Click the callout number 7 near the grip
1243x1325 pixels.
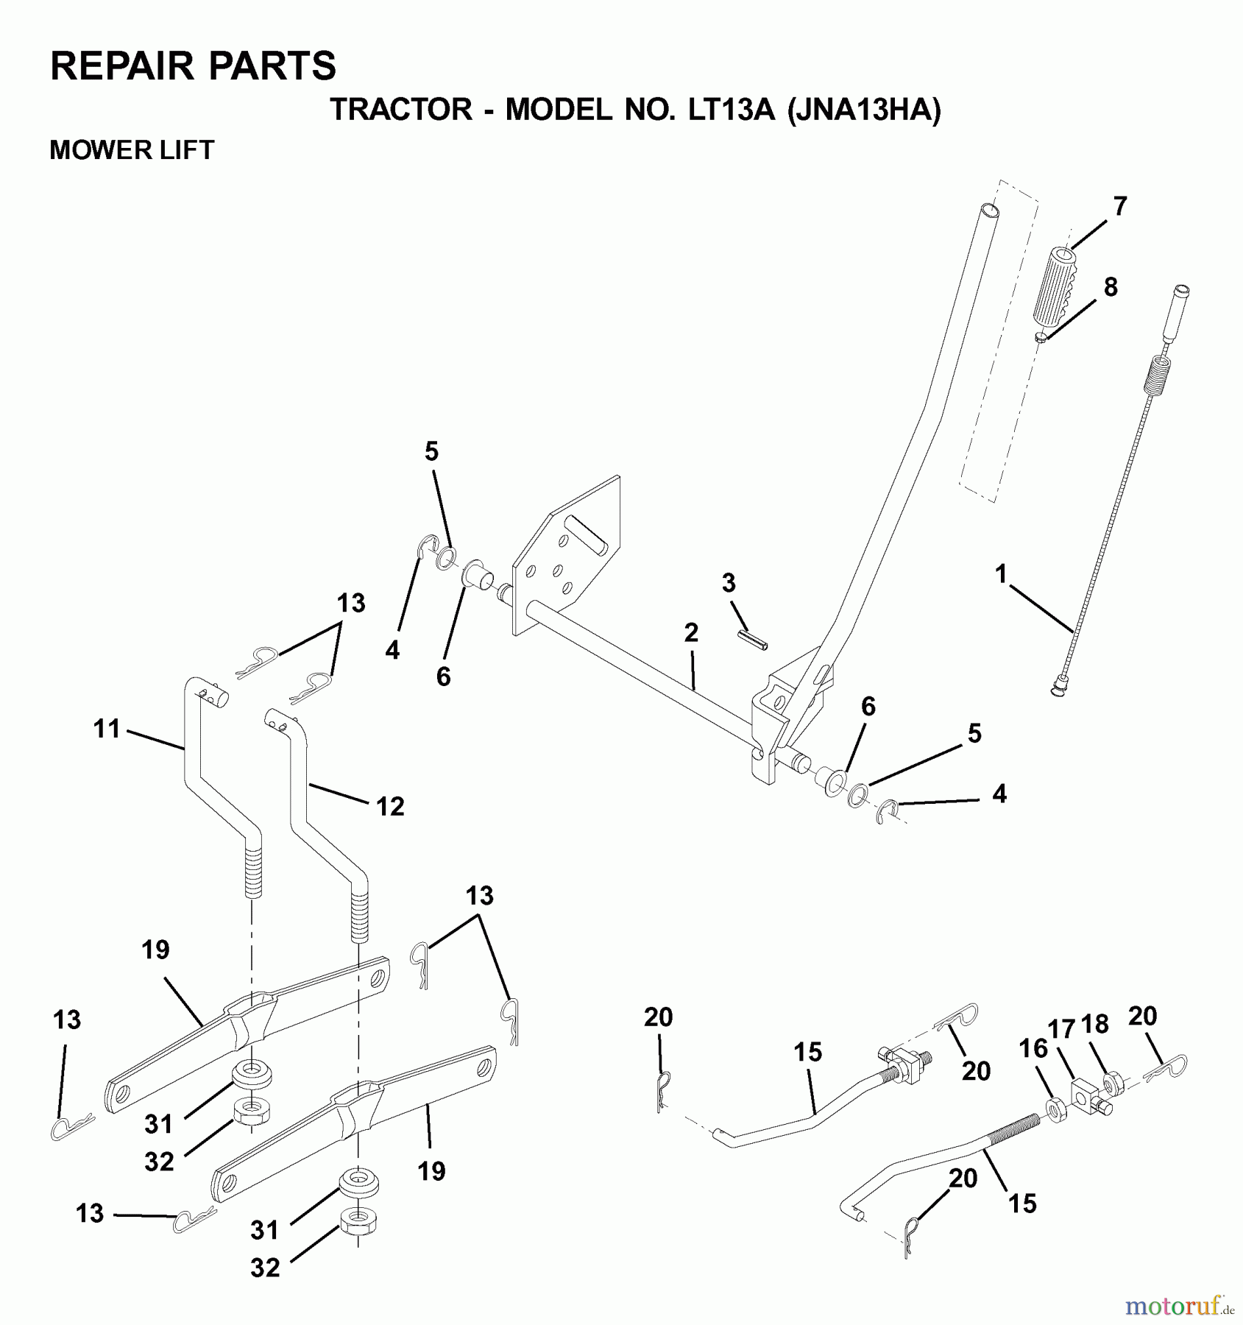pos(1119,207)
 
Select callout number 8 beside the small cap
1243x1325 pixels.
pos(1111,287)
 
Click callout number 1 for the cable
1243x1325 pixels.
pos(1000,574)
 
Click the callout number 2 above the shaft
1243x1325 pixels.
pos(690,633)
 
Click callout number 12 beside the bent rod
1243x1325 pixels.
pos(390,807)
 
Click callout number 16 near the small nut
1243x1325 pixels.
pos(1034,1048)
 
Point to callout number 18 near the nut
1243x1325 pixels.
pos(1095,1024)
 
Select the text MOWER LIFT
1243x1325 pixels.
pos(132,150)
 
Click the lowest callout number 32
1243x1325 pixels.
pos(265,1268)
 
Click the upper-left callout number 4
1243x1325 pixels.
pos(392,650)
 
